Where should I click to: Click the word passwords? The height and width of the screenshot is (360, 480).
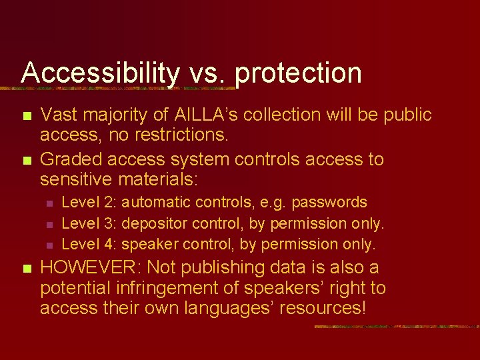[x=329, y=202]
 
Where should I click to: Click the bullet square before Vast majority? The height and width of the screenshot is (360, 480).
[x=26, y=116]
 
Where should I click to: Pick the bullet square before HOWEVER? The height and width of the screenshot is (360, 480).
[x=26, y=269]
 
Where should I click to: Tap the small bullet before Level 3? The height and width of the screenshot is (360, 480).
[x=58, y=224]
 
